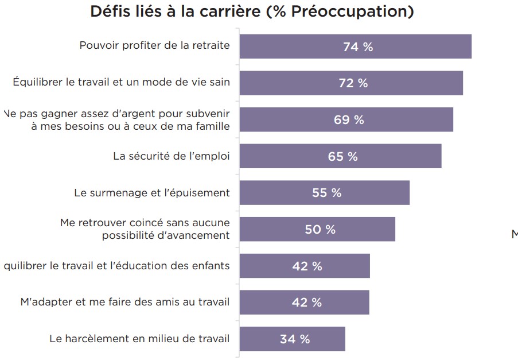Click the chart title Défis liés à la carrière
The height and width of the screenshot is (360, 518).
click(x=252, y=12)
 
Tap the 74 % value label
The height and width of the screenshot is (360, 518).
click(x=358, y=47)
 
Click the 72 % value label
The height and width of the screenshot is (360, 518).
click(x=353, y=83)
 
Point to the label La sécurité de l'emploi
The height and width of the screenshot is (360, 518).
click(x=171, y=156)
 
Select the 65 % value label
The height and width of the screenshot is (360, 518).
click(x=342, y=156)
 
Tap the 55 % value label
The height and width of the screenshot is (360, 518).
click(x=326, y=193)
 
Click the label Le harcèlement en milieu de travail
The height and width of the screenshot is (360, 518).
click(x=139, y=339)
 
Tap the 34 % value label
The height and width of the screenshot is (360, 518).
click(x=295, y=339)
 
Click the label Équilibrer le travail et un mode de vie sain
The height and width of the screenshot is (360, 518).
click(x=121, y=83)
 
